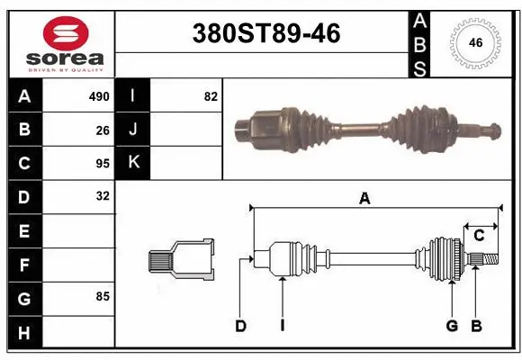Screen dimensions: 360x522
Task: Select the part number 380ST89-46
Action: coord(267,34)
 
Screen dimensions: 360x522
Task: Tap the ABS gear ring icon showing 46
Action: coord(474,41)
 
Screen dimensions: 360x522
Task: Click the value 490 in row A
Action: coord(98,96)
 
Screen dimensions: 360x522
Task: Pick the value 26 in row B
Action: coord(102,129)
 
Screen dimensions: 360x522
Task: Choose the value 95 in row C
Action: coord(102,163)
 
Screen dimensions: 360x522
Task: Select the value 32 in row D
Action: coord(102,195)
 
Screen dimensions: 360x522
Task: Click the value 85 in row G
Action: coord(102,295)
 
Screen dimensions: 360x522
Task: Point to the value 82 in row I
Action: coord(211,96)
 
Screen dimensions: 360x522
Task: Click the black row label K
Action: coord(133,163)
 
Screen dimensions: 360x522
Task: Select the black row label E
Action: coord(24,230)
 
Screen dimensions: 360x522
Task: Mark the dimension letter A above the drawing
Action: coord(364,200)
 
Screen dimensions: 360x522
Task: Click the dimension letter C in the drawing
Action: coord(480,236)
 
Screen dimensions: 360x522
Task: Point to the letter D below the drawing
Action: coord(240,326)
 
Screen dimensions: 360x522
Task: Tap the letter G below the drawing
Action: coord(452,326)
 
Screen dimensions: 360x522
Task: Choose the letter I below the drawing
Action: coord(282,326)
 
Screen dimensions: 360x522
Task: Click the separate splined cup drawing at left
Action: coord(182,260)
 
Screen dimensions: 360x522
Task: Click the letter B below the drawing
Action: coord(476,326)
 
